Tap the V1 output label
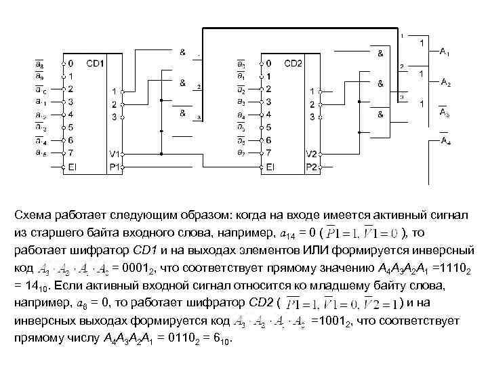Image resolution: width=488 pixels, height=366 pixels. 114,153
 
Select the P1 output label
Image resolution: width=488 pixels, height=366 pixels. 114,166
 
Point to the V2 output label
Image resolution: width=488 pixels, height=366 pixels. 311,153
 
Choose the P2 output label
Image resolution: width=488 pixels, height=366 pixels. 311,166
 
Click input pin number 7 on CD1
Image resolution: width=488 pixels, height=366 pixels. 70,153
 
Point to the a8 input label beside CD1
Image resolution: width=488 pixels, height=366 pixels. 41,64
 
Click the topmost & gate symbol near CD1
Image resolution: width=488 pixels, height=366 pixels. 182,52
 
